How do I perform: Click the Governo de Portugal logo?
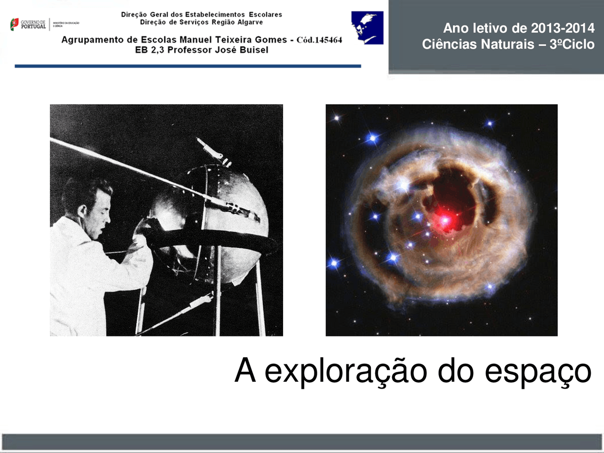click(x=28, y=24)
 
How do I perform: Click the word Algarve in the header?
click(x=250, y=22)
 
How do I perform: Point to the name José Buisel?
click(x=241, y=50)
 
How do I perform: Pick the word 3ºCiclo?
click(x=571, y=44)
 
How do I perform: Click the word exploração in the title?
click(x=346, y=371)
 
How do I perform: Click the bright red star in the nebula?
click(x=445, y=220)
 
